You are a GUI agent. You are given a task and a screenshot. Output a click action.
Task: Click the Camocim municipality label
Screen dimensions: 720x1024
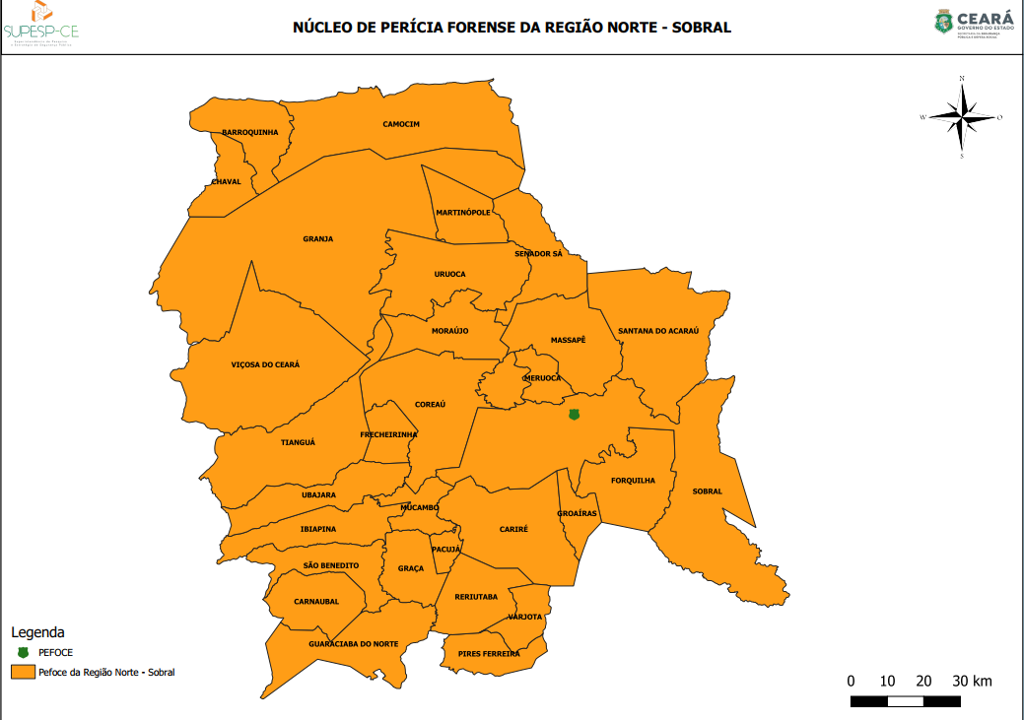click(401, 124)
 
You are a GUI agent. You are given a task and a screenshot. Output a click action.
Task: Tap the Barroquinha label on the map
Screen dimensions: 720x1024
click(249, 132)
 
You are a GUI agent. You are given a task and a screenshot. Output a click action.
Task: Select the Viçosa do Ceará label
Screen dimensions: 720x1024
click(265, 364)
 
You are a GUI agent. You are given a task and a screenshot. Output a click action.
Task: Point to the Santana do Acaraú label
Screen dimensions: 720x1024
click(657, 331)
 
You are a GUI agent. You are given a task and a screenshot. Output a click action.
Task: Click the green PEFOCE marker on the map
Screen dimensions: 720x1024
click(575, 415)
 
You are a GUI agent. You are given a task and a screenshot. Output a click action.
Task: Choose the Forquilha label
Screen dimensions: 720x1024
click(633, 481)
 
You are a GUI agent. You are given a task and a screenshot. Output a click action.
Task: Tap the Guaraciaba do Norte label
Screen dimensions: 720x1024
click(353, 643)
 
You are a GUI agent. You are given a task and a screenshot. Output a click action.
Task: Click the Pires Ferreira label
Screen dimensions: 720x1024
click(489, 653)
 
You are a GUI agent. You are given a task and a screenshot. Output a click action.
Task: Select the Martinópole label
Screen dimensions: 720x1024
click(463, 213)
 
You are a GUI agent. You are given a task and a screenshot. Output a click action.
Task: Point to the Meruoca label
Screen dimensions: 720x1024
click(542, 378)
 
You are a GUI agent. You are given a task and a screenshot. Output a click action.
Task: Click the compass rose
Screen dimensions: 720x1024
click(962, 117)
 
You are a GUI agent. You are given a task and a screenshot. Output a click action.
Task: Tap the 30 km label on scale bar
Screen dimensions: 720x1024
click(972, 681)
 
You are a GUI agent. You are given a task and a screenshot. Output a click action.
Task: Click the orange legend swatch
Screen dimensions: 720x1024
click(23, 672)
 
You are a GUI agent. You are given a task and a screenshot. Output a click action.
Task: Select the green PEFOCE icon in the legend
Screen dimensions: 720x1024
click(23, 652)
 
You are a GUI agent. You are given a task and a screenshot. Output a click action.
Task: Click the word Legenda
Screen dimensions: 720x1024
click(37, 631)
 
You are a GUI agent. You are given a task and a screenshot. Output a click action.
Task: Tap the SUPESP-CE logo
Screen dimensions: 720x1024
click(40, 24)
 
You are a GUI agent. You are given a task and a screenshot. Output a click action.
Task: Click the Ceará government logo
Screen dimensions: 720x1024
click(974, 21)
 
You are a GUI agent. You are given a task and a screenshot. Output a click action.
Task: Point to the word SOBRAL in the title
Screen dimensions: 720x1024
click(701, 28)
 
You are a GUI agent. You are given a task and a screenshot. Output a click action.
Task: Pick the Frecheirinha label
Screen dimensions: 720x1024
click(388, 434)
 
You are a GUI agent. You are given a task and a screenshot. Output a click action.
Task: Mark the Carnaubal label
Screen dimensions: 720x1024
click(316, 601)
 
